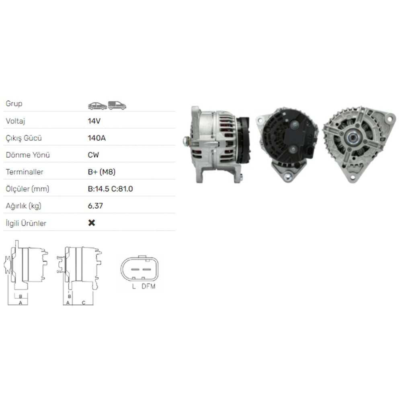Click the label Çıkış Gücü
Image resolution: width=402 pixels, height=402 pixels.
click(x=24, y=138)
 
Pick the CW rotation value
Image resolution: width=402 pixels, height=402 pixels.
click(x=93, y=155)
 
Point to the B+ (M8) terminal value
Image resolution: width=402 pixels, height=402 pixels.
click(x=102, y=172)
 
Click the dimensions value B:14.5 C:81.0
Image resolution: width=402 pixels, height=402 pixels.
click(x=110, y=189)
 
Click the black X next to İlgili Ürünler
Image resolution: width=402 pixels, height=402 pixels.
click(x=92, y=223)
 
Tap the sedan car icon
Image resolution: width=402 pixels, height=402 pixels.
click(x=97, y=105)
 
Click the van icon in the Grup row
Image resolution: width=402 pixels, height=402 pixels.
click(x=117, y=105)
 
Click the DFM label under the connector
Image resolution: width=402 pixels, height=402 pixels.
click(x=148, y=286)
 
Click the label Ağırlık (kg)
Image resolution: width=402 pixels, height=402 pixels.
click(x=23, y=206)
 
